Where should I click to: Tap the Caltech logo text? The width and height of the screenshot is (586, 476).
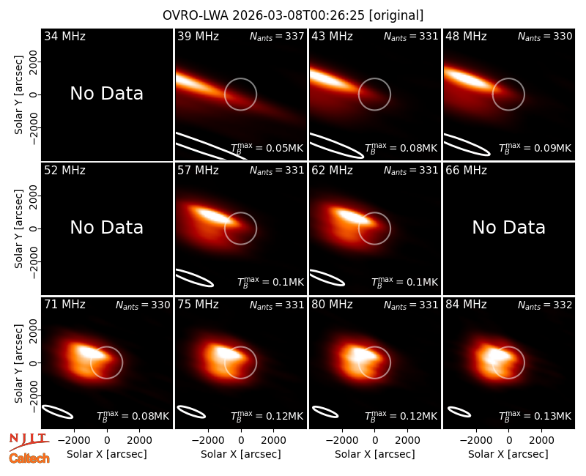[29, 458]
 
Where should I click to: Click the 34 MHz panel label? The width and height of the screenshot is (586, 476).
[64, 36]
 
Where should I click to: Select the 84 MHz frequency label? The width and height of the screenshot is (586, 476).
[466, 305]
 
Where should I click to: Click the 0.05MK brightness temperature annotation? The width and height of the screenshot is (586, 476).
[285, 148]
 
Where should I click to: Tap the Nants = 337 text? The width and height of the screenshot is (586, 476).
[277, 36]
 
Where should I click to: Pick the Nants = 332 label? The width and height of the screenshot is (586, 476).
[545, 305]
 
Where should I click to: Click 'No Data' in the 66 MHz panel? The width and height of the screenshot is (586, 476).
[508, 227]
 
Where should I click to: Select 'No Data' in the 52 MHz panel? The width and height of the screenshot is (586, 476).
[107, 227]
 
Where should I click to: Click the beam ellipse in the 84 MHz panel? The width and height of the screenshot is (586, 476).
[459, 412]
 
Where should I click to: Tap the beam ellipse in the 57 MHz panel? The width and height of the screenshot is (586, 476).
[194, 278]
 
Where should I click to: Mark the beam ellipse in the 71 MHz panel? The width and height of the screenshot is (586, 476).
[57, 412]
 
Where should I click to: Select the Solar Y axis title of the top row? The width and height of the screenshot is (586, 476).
[19, 95]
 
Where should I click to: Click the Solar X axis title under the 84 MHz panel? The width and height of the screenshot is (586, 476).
[508, 454]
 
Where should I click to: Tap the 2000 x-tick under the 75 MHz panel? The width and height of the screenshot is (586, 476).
[273, 440]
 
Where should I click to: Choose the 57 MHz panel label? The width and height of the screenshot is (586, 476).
[198, 171]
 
